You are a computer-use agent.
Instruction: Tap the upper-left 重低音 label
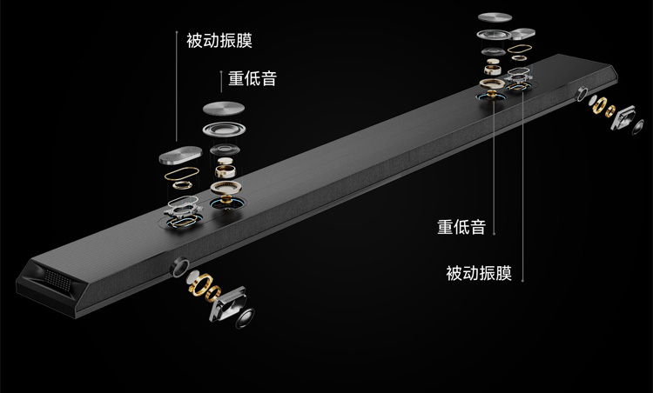coord(252,78)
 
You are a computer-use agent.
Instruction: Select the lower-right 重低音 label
coord(461,228)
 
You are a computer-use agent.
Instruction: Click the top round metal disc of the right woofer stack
coord(495,18)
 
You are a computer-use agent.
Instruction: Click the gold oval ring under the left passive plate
coord(184,183)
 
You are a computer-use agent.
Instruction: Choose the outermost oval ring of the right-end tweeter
coord(641,127)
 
